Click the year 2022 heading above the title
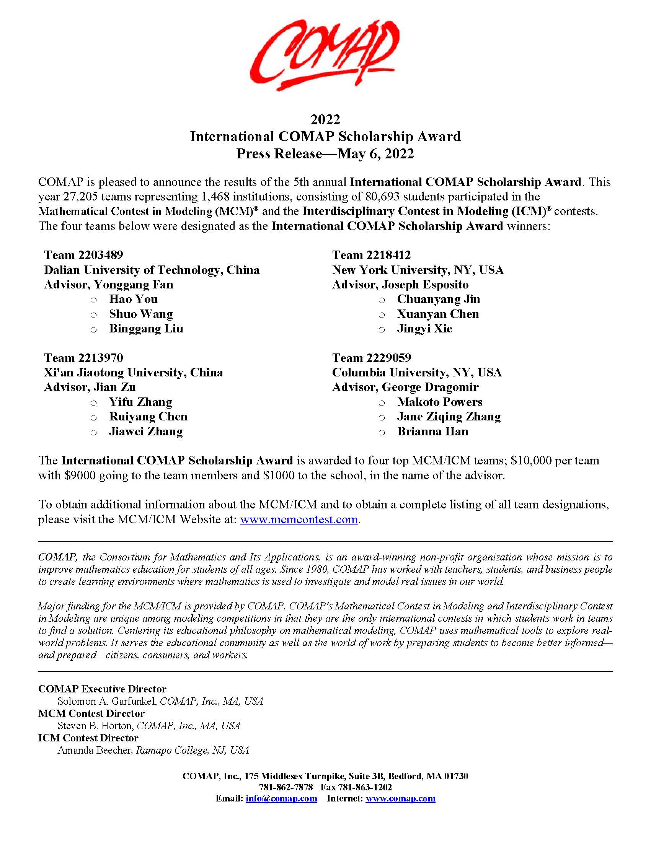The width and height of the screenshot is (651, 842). pyautogui.click(x=325, y=119)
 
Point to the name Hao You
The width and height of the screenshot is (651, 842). pyautogui.click(x=133, y=299)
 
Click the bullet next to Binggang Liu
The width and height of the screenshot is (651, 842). pyautogui.click(x=93, y=330)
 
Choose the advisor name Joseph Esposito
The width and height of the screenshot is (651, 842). pyautogui.click(x=425, y=285)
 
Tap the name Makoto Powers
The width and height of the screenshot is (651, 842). pyautogui.click(x=440, y=402)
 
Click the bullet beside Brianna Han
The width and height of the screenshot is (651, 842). pyautogui.click(x=382, y=433)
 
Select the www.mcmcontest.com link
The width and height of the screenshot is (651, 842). pyautogui.click(x=299, y=519)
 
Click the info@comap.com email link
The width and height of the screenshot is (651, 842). pyautogui.click(x=281, y=798)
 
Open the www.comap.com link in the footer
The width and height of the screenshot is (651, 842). pyautogui.click(x=400, y=798)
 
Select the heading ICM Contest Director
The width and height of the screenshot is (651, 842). pyautogui.click(x=88, y=738)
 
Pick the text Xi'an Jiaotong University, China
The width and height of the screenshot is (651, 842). pyautogui.click(x=134, y=373)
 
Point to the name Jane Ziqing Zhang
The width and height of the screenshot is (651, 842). pyautogui.click(x=449, y=417)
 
